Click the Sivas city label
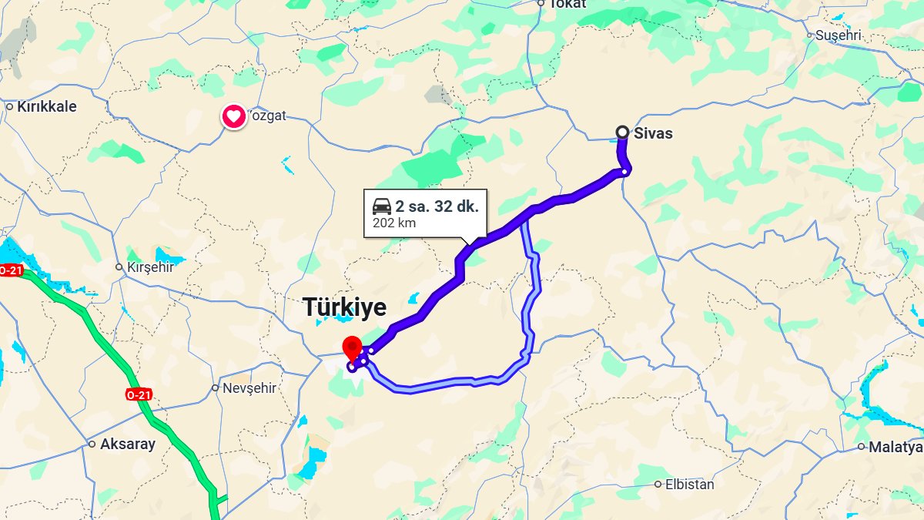point(653,133)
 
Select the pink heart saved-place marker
point(234,117)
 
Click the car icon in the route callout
point(381,206)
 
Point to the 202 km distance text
point(394,223)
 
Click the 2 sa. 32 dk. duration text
point(437,206)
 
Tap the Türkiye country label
point(344,307)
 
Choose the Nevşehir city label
point(249,388)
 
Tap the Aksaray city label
point(127,445)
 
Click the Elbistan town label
point(689,485)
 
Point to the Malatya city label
point(895,447)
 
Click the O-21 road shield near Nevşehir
point(139,394)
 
